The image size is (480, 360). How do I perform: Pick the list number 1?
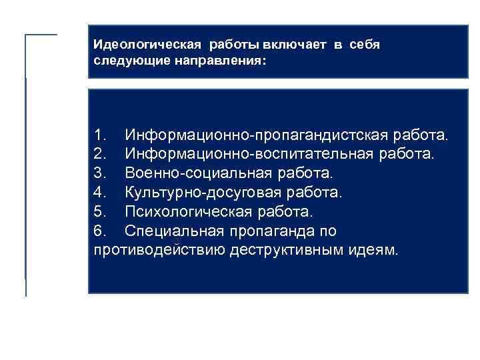[99, 136]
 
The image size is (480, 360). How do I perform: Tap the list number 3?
[99, 174]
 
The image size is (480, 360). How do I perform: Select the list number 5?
[99, 212]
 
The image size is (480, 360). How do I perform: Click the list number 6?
[99, 231]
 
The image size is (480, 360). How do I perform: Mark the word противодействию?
[159, 251]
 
